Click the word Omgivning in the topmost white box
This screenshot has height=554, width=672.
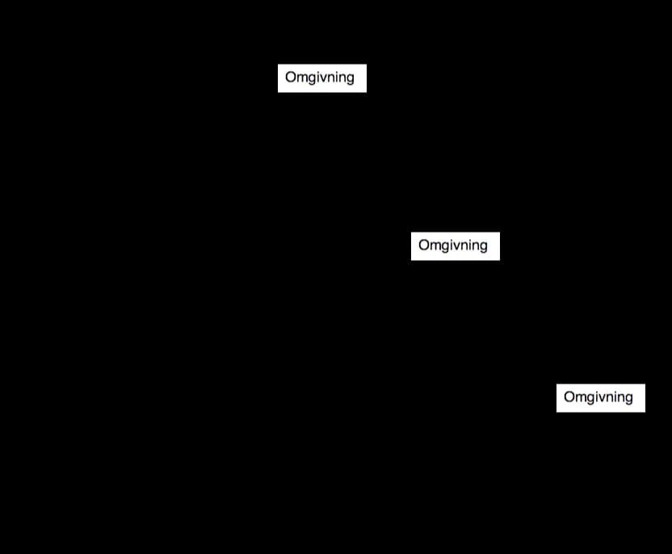(x=320, y=78)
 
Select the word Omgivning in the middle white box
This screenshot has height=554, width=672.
(x=453, y=246)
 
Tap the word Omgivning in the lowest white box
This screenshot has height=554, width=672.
(x=598, y=397)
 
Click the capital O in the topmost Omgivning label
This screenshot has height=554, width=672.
(x=291, y=77)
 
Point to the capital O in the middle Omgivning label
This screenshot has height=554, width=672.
(x=424, y=245)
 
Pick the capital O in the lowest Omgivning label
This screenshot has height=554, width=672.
(x=569, y=397)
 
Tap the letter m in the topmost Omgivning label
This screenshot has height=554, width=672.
(x=302, y=78)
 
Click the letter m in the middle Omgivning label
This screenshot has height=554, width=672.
(x=435, y=246)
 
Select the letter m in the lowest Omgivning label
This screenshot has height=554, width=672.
(x=581, y=398)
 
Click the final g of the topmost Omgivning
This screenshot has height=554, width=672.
(x=351, y=80)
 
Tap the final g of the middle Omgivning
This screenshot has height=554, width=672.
(x=484, y=248)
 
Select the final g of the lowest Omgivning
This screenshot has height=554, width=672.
(x=628, y=399)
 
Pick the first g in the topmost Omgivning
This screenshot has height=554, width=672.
(x=313, y=80)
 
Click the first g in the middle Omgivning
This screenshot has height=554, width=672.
(x=446, y=248)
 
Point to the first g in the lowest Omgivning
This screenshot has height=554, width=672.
(x=591, y=399)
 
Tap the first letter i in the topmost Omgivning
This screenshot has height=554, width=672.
(x=319, y=77)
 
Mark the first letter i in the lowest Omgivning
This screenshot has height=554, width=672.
(x=598, y=397)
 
